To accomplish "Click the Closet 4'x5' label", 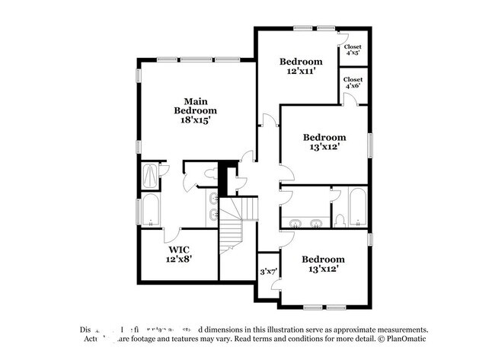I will pos(353,49).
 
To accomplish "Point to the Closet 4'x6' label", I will pos(353,82).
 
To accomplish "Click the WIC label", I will pos(180,249).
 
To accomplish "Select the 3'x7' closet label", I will pos(268,271).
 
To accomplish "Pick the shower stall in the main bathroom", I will pos(151,177).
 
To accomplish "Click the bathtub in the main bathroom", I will pos(150,211).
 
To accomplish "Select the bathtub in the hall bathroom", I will pos(357,207).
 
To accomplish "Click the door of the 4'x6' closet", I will pos(346,99).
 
